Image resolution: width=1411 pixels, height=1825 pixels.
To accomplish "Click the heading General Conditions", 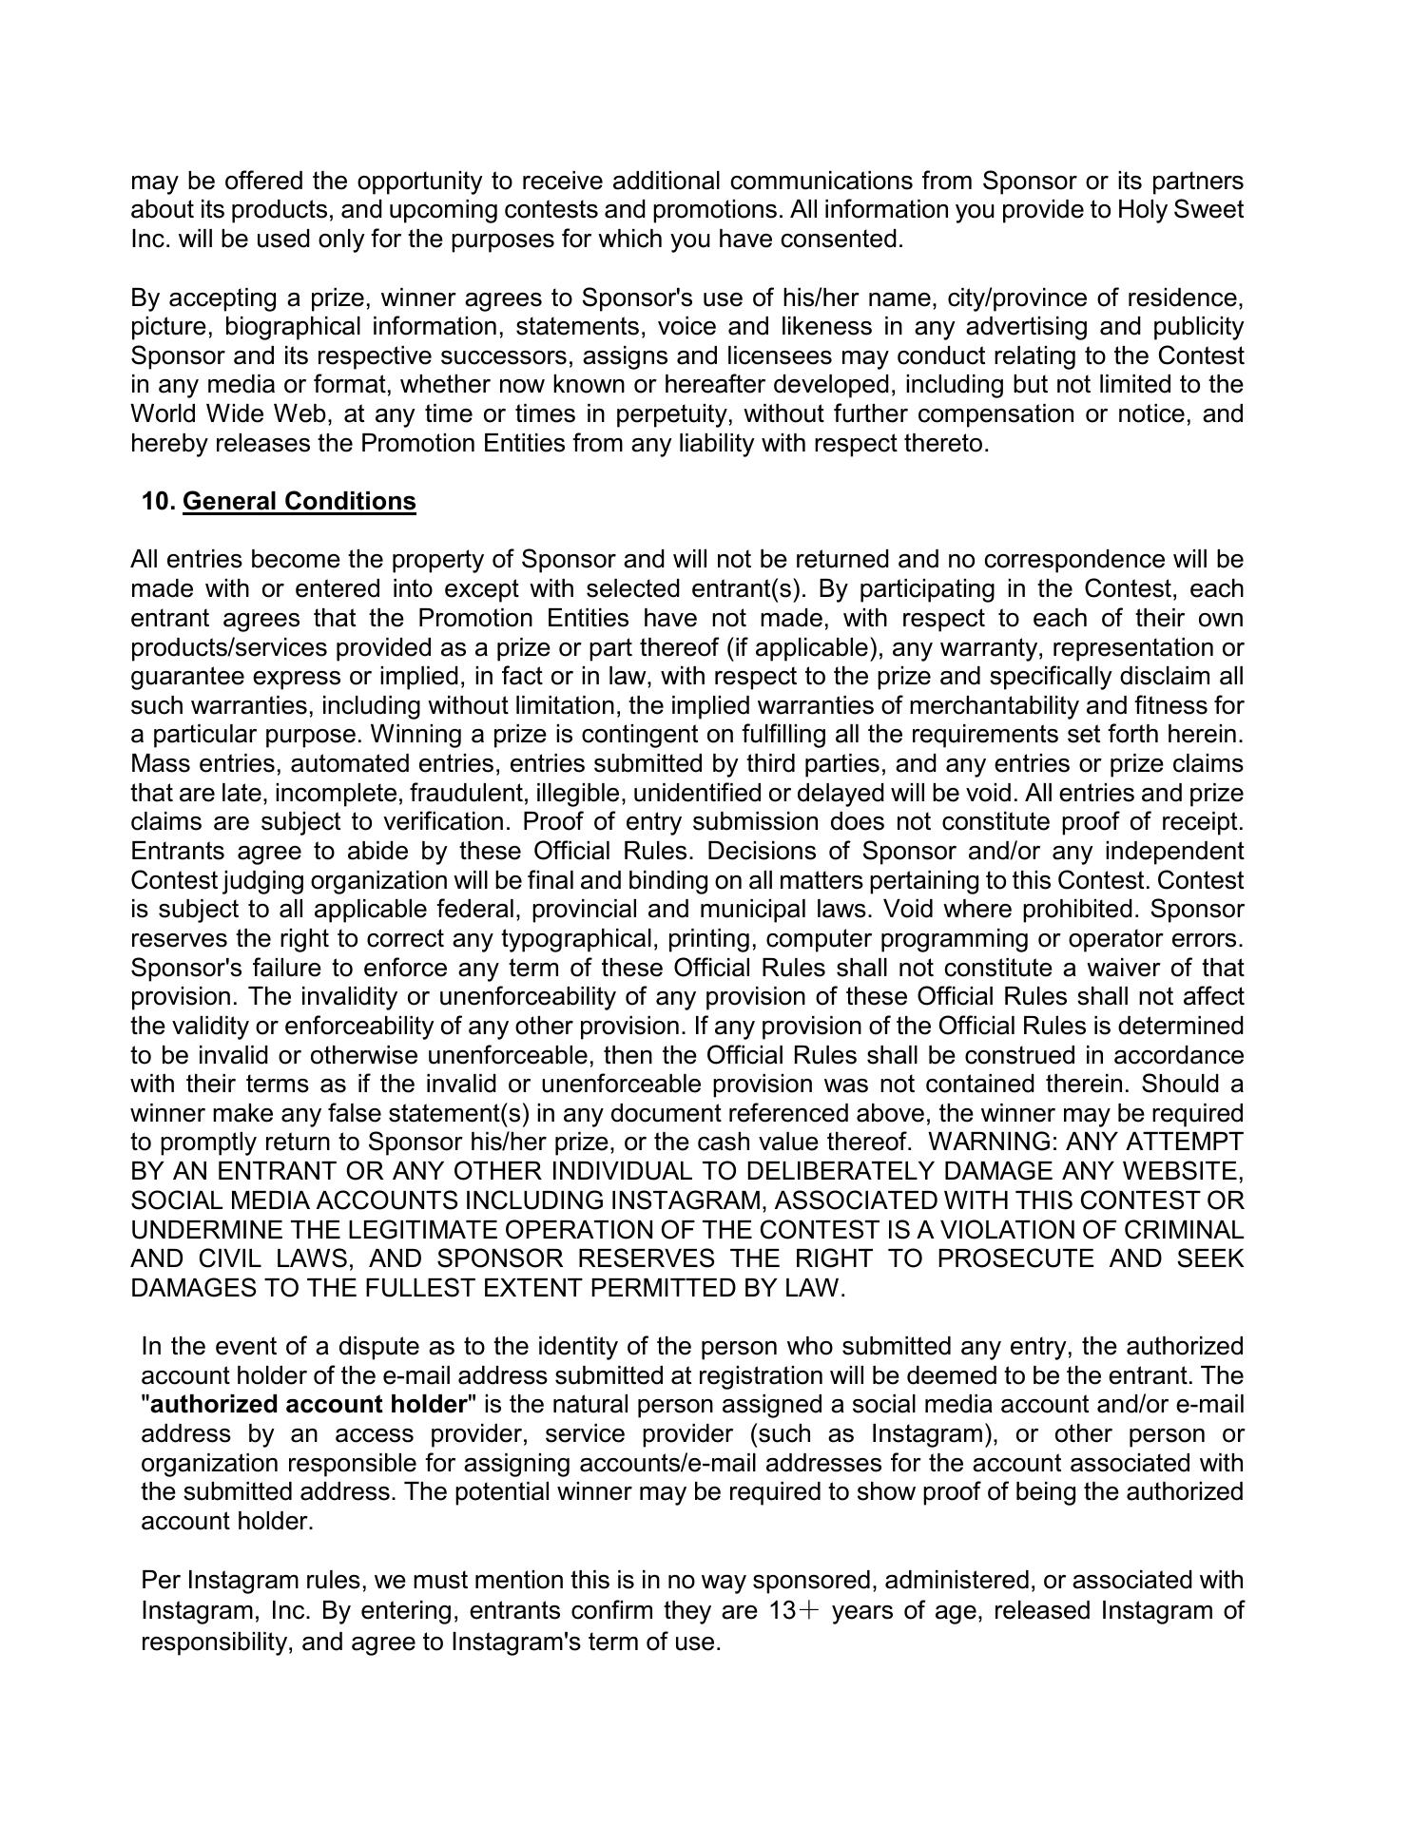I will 299,501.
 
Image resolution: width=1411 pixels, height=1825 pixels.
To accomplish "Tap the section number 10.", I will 159,501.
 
